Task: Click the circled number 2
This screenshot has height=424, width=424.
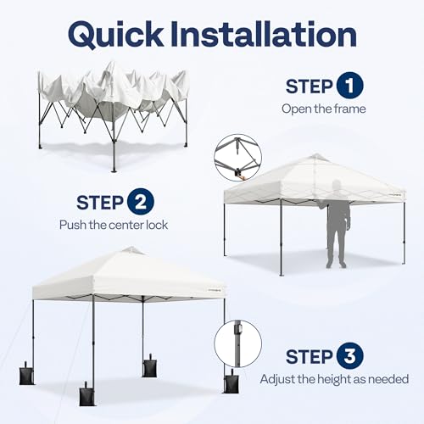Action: click(141, 204)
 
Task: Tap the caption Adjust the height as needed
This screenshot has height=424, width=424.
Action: click(334, 379)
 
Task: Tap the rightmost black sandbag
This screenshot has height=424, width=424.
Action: click(231, 381)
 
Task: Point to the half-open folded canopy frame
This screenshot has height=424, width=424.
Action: click(112, 106)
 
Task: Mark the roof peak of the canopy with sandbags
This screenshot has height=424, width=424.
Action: click(130, 250)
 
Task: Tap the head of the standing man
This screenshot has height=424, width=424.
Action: click(338, 186)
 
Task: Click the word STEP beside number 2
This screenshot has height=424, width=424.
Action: click(101, 204)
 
